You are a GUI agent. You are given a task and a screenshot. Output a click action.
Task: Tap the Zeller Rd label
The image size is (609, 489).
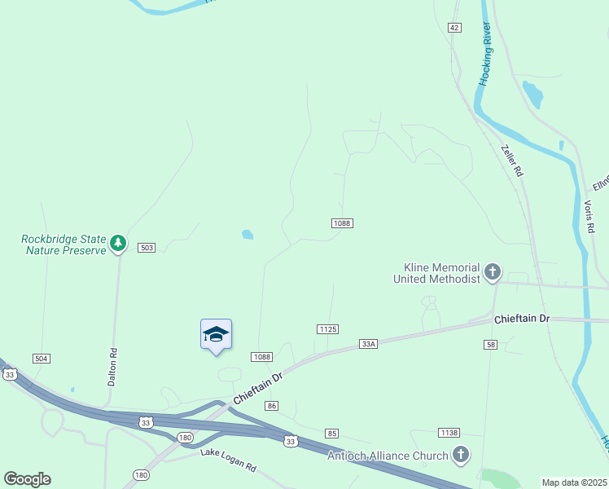point(511,161)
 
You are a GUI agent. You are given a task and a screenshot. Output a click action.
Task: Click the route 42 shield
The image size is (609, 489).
point(454,28)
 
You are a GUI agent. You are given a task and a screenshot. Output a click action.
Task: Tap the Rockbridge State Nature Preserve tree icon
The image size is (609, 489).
point(119,242)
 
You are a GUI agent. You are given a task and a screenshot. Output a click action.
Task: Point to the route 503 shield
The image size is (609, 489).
point(147,247)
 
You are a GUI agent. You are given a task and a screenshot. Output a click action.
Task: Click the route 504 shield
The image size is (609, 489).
point(42,359)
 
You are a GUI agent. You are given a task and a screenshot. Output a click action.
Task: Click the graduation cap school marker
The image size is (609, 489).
point(216,334)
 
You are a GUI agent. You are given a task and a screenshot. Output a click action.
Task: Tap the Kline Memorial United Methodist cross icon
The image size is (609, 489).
point(492,272)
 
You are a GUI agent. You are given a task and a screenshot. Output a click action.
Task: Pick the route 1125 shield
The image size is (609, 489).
point(327,328)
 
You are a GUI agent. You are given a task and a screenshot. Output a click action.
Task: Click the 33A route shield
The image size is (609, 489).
point(368,344)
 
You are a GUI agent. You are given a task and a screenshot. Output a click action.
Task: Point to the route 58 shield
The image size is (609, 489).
point(490,346)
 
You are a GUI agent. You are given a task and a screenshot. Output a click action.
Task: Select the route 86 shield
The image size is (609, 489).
point(272,406)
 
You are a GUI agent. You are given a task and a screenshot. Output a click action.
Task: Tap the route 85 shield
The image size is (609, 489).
point(331,433)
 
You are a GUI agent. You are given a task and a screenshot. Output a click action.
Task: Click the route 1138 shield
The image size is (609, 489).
point(449,432)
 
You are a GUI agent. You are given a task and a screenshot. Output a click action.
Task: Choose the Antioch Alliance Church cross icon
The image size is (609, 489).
point(461,455)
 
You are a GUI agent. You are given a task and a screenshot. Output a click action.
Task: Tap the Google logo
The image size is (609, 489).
point(27,479)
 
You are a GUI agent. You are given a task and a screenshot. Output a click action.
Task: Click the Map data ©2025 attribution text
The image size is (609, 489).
point(575,482)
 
